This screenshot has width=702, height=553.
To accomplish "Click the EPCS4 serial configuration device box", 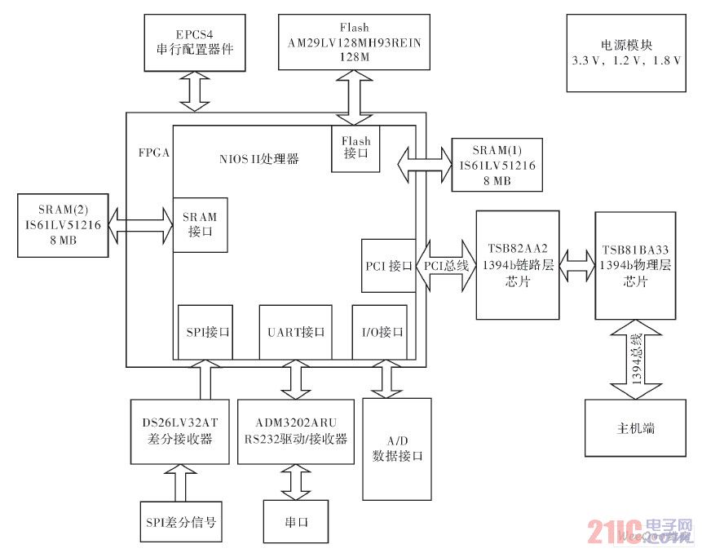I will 194,42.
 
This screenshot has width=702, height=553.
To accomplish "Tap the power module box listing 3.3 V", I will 626,52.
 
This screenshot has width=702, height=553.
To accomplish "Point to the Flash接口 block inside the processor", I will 355,148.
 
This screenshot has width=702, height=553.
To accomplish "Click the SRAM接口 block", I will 199,225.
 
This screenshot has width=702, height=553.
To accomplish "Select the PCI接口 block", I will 387,266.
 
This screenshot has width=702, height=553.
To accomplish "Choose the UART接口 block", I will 296,332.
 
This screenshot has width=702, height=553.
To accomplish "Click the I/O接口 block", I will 379,332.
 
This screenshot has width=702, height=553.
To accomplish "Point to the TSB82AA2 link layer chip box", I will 518,266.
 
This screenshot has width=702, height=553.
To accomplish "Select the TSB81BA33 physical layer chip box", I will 636,266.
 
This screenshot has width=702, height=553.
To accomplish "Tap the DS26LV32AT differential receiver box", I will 179,431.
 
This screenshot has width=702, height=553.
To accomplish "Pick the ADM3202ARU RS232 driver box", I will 296,431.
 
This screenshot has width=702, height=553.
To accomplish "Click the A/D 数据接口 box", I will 397,449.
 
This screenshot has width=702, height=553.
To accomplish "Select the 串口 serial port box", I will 295,521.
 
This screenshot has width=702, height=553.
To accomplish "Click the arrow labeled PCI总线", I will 447,266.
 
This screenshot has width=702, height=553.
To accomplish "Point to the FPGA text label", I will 154,153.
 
